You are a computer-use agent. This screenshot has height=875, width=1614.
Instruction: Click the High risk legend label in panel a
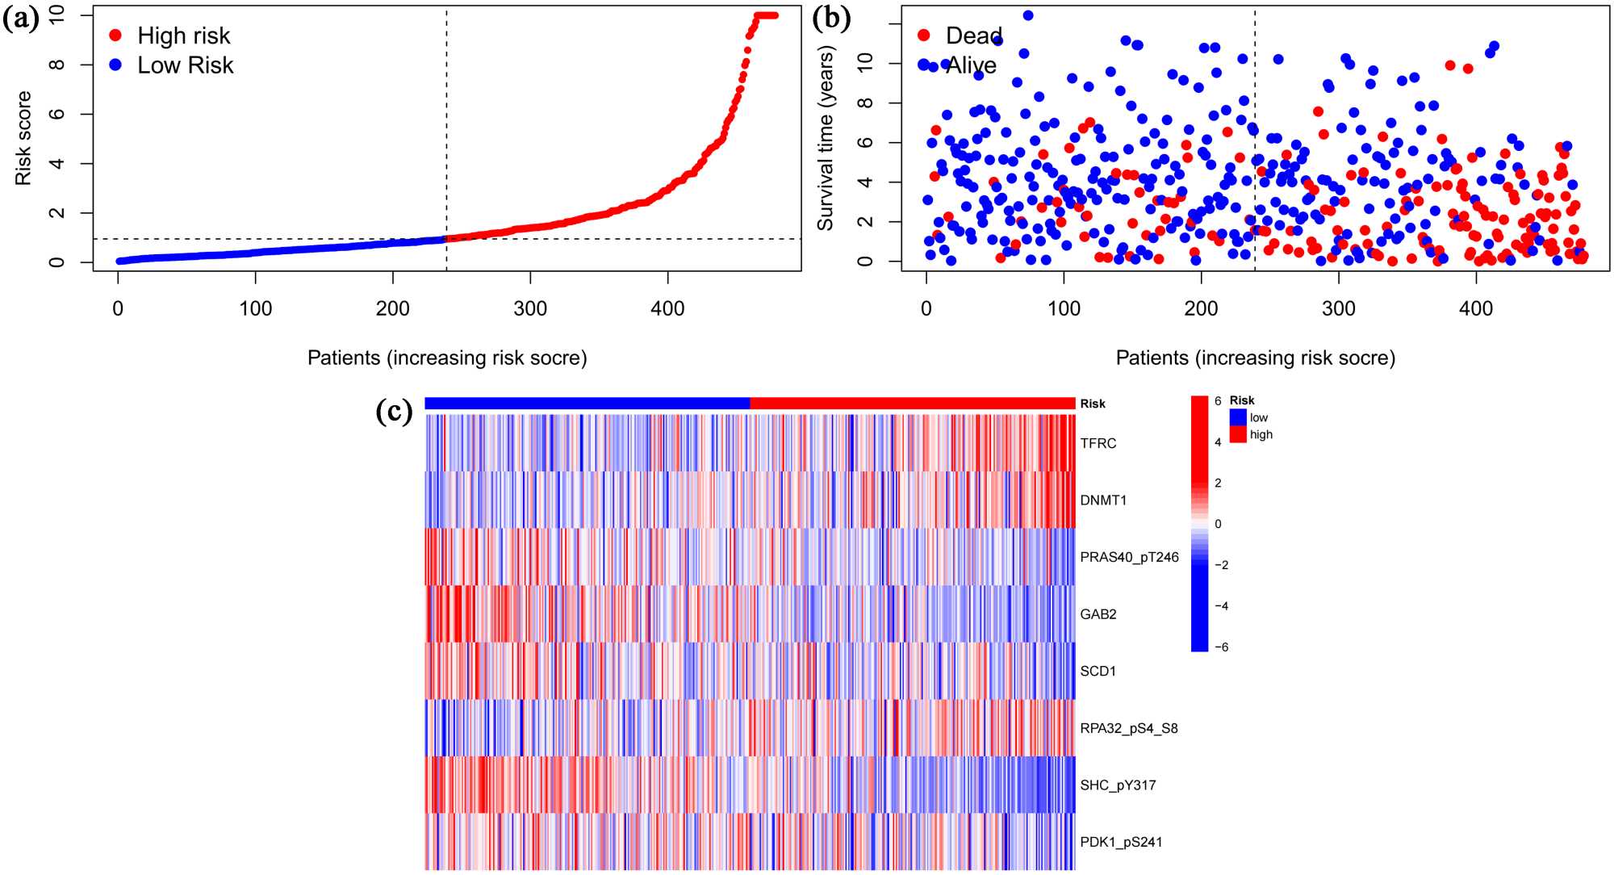coord(183,36)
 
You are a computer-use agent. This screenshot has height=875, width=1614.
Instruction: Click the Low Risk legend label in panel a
coord(185,65)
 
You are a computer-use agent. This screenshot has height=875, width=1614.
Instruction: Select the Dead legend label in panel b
coord(973,36)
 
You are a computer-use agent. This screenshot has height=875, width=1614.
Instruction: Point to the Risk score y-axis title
coord(23,138)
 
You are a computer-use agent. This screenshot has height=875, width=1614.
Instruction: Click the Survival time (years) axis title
coord(825,138)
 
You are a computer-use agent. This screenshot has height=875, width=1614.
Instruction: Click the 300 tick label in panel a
coord(530,308)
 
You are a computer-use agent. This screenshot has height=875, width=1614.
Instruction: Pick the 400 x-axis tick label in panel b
coord(1476,308)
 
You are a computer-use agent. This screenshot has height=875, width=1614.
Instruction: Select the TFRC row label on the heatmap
coord(1098,443)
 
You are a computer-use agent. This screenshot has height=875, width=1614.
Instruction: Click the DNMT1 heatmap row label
coord(1103,500)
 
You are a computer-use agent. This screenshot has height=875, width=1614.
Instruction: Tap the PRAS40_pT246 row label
coord(1129,557)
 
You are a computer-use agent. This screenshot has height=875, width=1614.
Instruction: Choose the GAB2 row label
coord(1098,614)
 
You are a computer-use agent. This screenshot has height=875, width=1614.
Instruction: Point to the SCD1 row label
coord(1098,671)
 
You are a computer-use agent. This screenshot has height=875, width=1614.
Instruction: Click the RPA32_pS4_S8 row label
coord(1129,728)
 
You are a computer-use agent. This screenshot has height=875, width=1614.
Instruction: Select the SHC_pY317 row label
coord(1118,785)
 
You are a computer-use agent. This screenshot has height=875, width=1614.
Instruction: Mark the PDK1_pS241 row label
coord(1121,842)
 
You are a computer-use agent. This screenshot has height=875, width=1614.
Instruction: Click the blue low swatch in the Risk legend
coord(1238,417)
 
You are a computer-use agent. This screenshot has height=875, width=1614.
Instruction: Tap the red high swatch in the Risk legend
coord(1238,434)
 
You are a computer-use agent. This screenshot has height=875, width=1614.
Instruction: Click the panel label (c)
coord(395,412)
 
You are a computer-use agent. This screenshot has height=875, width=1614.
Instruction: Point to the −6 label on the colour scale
coord(1222,647)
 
